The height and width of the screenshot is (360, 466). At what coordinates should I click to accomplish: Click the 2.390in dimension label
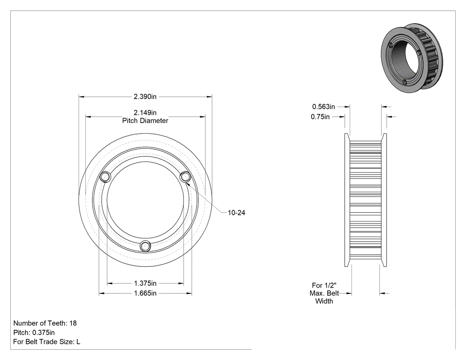coord(145,97)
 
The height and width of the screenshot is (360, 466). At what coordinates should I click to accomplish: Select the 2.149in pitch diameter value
coord(145,113)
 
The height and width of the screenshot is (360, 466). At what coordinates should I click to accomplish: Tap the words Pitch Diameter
coord(145,121)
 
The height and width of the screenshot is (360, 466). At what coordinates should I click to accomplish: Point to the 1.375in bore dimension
coord(145,283)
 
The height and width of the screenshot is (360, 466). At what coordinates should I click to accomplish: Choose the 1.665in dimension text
coord(145,293)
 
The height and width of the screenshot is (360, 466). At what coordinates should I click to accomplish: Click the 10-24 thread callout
coord(237,213)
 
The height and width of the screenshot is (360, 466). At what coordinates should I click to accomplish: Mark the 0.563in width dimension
coord(324,107)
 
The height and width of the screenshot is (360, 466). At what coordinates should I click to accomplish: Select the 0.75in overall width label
coord(320,117)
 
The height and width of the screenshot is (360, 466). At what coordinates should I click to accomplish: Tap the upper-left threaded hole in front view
coord(105,177)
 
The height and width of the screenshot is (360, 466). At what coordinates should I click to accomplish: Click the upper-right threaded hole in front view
coord(186,177)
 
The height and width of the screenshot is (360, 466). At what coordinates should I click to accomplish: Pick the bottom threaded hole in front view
coord(145,246)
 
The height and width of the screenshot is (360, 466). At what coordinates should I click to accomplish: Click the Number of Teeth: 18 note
coord(45,323)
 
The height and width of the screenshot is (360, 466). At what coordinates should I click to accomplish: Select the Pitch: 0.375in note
coord(34,332)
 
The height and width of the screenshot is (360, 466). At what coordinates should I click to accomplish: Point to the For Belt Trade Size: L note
coord(47,342)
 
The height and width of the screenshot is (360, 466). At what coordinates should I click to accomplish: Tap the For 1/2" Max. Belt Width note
coord(324,293)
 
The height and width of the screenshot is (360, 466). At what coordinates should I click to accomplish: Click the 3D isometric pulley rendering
coord(411,58)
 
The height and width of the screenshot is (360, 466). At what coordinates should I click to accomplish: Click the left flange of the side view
coord(347,200)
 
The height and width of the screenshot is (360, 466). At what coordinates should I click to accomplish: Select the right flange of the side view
coord(384,200)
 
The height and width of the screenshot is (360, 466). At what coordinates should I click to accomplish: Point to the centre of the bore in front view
coord(145,200)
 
